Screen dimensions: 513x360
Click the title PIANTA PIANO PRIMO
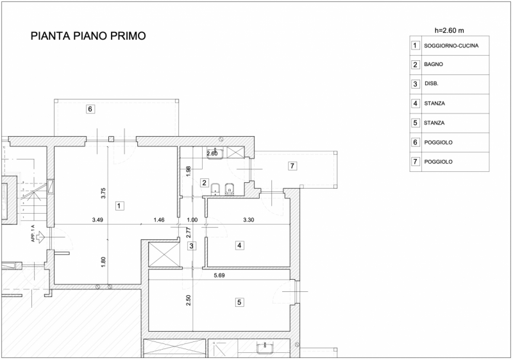click(x=88, y=36)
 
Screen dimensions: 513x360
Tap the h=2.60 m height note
click(x=450, y=30)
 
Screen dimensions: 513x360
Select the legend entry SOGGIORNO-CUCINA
click(x=451, y=46)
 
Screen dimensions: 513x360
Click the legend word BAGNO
click(x=433, y=64)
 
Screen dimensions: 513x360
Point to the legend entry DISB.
click(x=431, y=84)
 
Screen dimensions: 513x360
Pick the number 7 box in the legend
click(x=415, y=161)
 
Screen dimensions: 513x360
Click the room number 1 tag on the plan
click(x=119, y=206)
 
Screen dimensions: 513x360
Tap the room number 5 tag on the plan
click(x=239, y=302)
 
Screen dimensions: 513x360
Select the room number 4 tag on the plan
click(x=239, y=245)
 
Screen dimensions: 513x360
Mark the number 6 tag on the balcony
click(x=90, y=109)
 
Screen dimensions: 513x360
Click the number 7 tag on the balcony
click(x=292, y=166)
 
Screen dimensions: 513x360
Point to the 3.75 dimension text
click(x=103, y=193)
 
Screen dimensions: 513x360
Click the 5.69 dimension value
click(x=219, y=275)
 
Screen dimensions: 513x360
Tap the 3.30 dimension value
click(x=249, y=220)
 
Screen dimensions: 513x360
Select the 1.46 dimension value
click(x=159, y=220)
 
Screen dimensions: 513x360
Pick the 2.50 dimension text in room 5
click(x=189, y=300)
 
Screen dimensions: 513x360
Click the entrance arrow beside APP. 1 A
click(x=40, y=237)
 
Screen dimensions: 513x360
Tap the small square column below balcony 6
click(x=111, y=139)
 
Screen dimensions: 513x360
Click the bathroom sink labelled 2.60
click(x=215, y=154)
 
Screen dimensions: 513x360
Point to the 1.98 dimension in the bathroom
click(x=188, y=171)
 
